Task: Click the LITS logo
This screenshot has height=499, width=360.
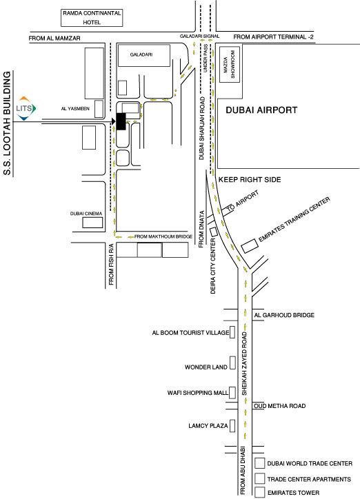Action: (26, 108)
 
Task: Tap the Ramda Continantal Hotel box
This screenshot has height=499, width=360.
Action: (92, 17)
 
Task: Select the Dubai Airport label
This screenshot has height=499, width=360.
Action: (261, 110)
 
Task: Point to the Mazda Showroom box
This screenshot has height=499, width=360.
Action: (229, 65)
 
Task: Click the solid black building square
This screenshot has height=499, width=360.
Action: (121, 121)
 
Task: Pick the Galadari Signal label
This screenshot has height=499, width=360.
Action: (199, 37)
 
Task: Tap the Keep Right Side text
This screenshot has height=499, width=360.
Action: (250, 179)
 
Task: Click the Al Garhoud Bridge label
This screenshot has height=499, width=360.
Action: (284, 315)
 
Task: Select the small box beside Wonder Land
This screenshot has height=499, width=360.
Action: (232, 363)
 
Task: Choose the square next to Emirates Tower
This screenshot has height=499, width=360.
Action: (260, 492)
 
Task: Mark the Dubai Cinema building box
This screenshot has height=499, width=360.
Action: (92, 223)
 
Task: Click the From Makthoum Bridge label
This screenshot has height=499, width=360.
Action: (163, 236)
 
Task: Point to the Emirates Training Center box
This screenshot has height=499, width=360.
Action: (250, 246)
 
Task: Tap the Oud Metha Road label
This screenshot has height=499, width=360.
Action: (280, 406)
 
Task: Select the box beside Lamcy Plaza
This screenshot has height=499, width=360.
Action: (232, 426)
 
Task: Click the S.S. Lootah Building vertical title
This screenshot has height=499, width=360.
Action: (7, 123)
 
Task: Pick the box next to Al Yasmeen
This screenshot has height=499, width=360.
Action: (99, 109)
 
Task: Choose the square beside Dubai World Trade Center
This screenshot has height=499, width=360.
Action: (260, 463)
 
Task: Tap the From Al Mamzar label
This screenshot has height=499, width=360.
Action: (54, 38)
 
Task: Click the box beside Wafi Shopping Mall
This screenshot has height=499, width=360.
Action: (232, 393)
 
